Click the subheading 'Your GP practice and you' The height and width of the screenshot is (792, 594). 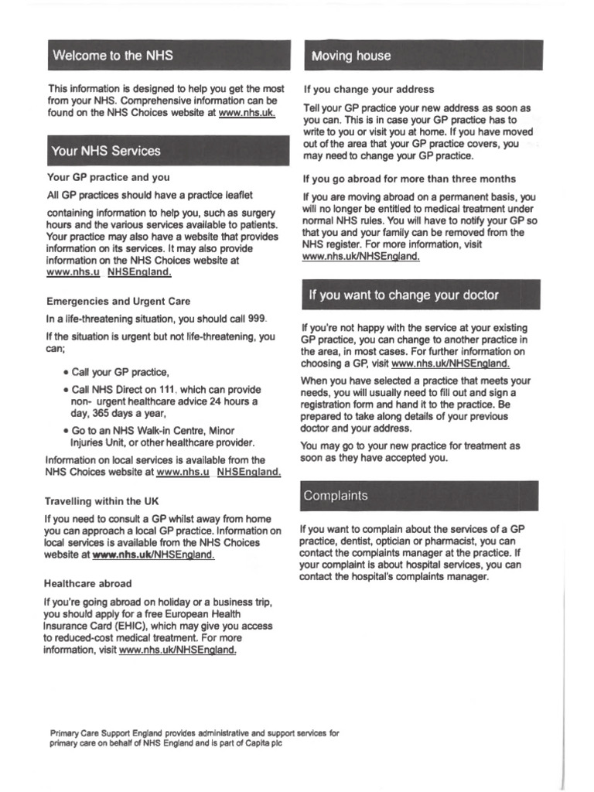tap(108, 177)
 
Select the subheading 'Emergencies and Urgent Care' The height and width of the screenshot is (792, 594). tap(118, 301)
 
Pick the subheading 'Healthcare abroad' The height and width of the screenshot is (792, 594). tap(88, 583)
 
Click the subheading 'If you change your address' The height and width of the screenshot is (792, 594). tap(369, 90)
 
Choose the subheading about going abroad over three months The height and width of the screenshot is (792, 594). tap(409, 179)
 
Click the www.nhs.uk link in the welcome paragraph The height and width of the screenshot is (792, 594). tap(247, 114)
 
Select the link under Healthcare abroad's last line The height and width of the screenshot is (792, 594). tap(178, 650)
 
